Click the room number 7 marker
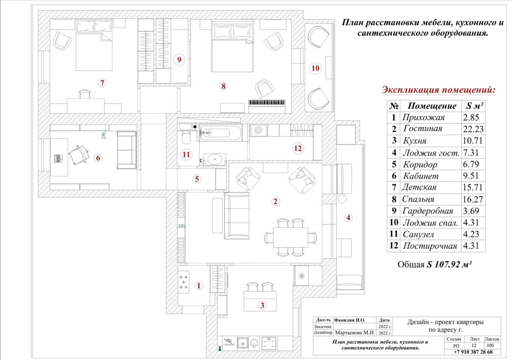pyautogui.click(x=102, y=83)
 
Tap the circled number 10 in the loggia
pyautogui.click(x=315, y=68)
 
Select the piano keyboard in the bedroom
pyautogui.click(x=267, y=102)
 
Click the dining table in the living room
pyautogui.click(x=290, y=238)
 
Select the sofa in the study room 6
pyautogui.click(x=127, y=149)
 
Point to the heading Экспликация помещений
pyautogui.click(x=438, y=90)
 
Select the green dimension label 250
pyautogui.click(x=103, y=136)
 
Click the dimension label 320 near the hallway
pyautogui.click(x=181, y=227)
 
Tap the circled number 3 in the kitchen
pyautogui.click(x=262, y=305)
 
